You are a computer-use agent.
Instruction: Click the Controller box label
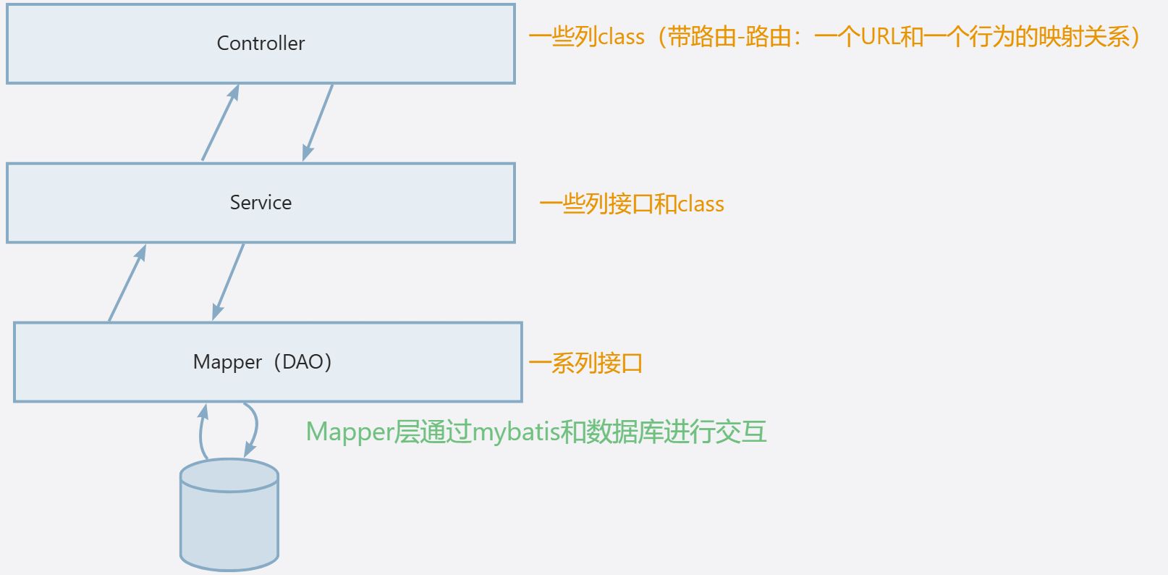tap(261, 43)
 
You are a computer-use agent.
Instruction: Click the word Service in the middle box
tap(261, 203)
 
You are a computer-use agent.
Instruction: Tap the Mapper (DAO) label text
tap(262, 361)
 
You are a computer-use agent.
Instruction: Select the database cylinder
tap(229, 514)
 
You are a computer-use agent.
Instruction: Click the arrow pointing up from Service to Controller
tap(221, 122)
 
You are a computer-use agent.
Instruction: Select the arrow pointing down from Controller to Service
tap(318, 122)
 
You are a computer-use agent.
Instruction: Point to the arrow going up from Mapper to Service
tap(127, 283)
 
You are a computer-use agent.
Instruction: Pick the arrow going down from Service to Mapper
tap(228, 282)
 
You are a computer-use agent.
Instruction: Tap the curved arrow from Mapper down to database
tap(255, 429)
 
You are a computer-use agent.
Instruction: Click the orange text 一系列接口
tap(585, 363)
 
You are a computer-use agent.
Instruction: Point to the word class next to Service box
tap(701, 204)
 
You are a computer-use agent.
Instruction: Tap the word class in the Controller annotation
tap(621, 37)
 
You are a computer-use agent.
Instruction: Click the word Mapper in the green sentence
tap(350, 432)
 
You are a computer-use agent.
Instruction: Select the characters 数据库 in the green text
tap(624, 432)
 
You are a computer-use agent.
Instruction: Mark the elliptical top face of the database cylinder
tap(229, 475)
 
